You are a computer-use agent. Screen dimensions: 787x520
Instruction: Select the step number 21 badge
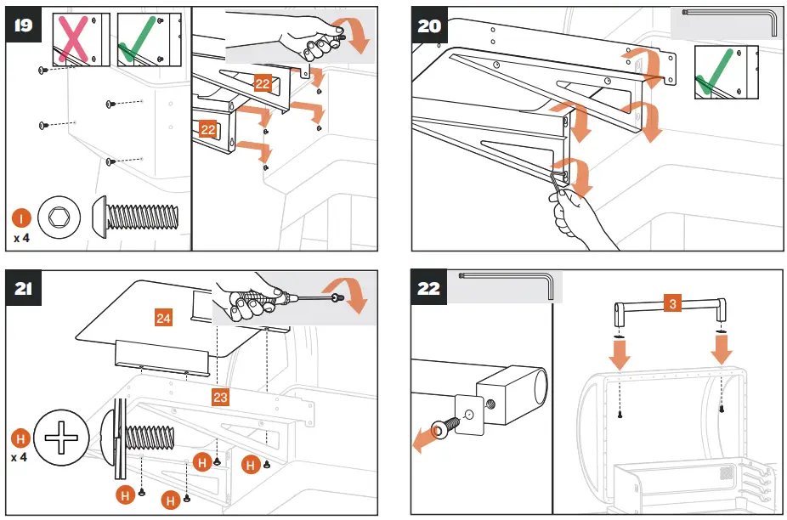coord(24,288)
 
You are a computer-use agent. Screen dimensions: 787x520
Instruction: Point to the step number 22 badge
coord(429,288)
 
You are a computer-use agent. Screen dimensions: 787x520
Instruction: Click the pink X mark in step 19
coord(74,39)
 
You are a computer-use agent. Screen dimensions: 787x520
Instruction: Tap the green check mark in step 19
coord(136,39)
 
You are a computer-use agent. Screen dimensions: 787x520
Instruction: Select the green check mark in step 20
coord(714,71)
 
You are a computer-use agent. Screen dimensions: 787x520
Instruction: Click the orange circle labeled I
coord(21,218)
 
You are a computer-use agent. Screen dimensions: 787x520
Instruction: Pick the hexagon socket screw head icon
coord(59,218)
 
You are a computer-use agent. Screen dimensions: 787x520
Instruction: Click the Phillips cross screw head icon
coord(62,438)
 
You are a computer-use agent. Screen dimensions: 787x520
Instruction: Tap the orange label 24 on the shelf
coord(163,319)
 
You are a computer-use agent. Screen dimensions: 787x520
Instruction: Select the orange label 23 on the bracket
coord(220,397)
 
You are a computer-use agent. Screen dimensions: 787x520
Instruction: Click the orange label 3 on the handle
coord(672,303)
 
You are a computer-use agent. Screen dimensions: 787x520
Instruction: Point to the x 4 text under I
coord(21,238)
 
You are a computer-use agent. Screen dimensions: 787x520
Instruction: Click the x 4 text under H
coord(19,458)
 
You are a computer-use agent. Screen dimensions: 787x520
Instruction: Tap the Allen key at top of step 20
coord(729,21)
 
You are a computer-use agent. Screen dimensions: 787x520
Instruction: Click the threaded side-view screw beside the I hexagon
coord(135,217)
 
